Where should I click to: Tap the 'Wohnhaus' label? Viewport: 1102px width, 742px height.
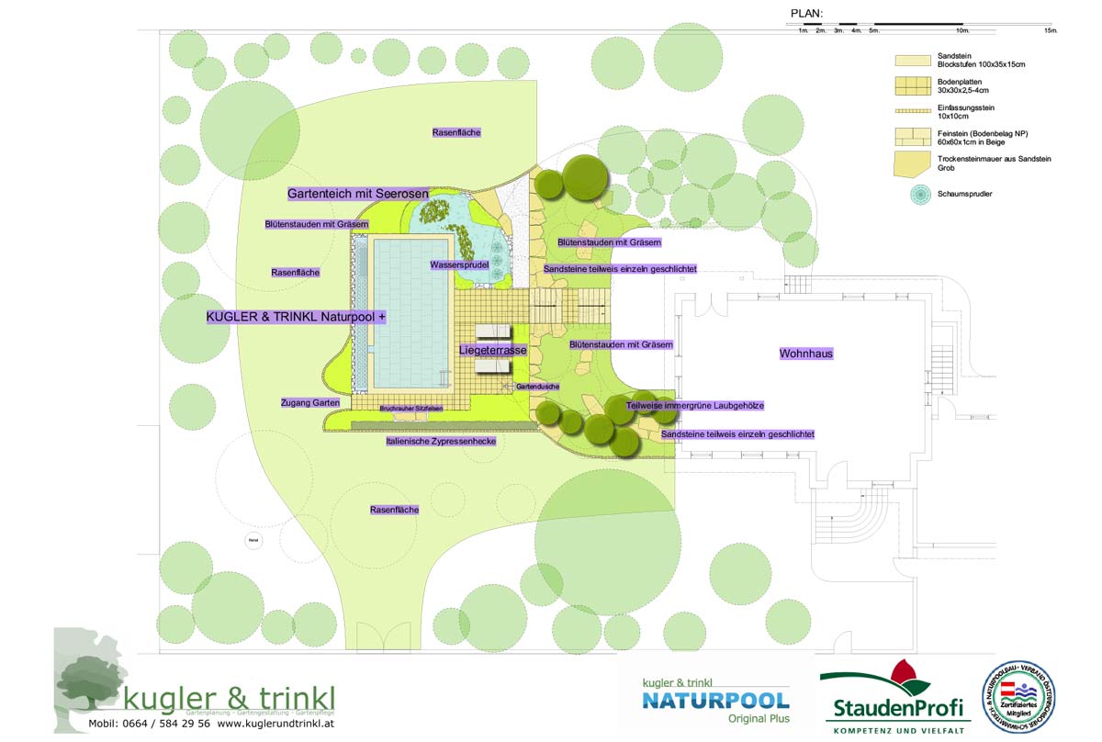806,354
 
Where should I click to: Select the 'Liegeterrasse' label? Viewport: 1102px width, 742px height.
493,351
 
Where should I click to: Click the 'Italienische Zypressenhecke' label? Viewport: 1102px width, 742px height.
441,442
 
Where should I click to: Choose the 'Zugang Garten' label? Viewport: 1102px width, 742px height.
310,403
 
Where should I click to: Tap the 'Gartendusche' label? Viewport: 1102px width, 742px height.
537,388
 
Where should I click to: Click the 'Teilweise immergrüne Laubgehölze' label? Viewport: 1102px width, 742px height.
695,405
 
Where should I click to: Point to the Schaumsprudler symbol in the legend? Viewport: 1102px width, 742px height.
916,195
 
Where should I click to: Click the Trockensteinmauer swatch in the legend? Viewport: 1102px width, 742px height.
915,164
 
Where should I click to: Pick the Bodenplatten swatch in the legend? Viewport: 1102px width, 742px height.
915,87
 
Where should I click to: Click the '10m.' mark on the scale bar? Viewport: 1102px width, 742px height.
962,30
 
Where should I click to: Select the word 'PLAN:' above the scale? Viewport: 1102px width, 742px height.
806,14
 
